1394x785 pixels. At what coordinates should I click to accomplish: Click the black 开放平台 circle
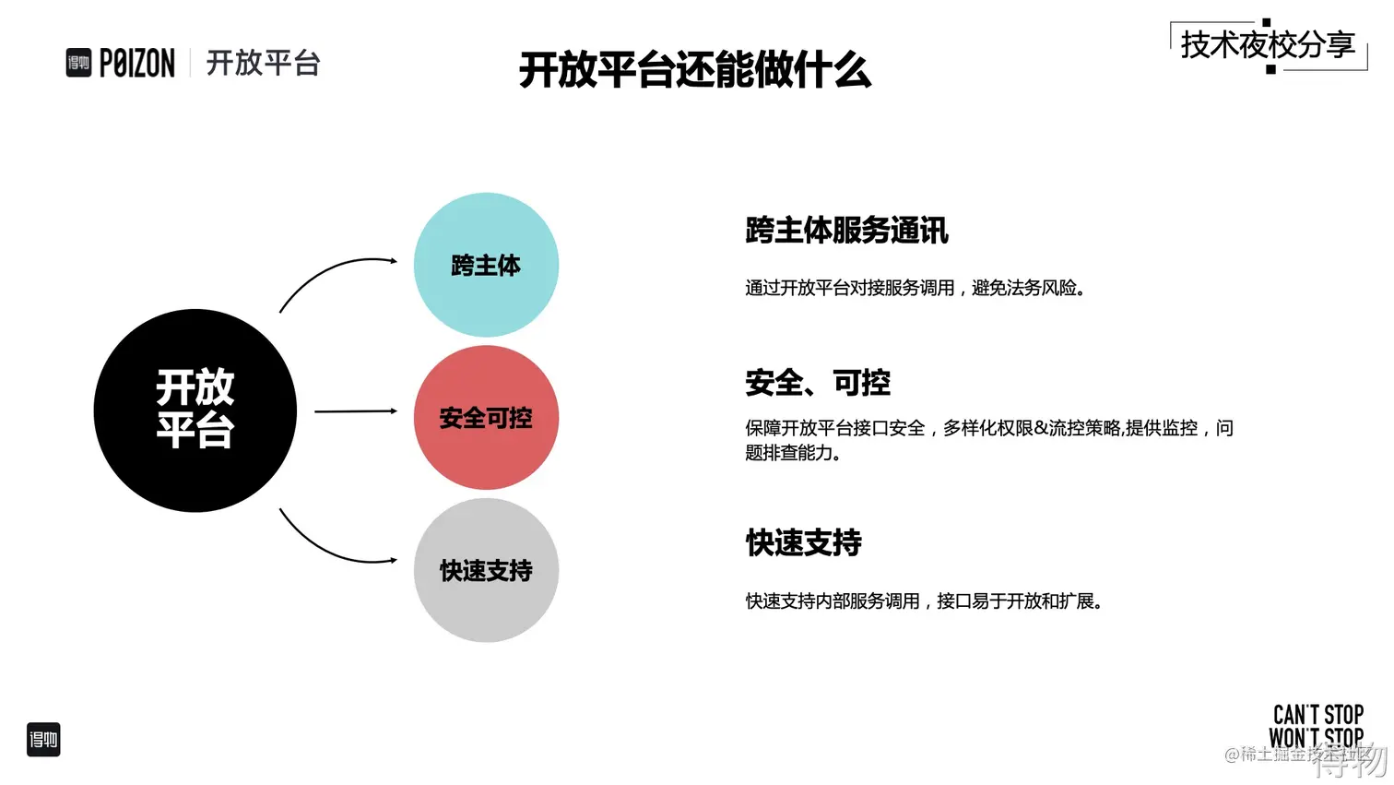click(195, 410)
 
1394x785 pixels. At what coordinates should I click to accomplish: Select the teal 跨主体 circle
click(486, 265)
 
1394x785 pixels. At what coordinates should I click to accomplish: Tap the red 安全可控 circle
click(486, 418)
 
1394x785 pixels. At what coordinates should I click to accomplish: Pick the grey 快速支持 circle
click(486, 570)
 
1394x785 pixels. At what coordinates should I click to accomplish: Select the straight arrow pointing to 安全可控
click(355, 411)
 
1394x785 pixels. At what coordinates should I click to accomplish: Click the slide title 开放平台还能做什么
click(695, 70)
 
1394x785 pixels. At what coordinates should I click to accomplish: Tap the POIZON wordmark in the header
click(136, 64)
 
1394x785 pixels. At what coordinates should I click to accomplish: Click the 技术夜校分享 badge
click(1268, 45)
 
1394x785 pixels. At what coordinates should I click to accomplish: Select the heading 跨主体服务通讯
click(846, 231)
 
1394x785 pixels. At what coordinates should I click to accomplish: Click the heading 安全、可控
click(818, 383)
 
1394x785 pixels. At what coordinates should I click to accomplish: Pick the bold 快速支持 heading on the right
click(803, 543)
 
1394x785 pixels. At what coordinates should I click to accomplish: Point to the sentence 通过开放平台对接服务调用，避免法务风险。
click(915, 289)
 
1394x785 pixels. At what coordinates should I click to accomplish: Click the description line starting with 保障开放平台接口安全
click(988, 429)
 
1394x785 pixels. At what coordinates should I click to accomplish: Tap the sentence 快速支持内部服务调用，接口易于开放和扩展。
click(924, 601)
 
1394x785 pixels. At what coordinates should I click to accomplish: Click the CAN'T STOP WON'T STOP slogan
click(1317, 726)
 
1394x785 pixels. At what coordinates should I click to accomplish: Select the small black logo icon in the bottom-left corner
click(43, 740)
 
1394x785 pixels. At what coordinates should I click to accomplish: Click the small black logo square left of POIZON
click(78, 63)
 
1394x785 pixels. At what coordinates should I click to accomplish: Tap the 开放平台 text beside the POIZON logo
click(263, 63)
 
